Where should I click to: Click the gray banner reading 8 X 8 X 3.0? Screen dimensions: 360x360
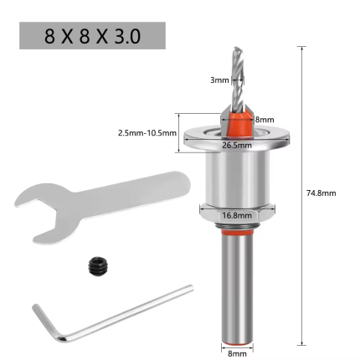click(92, 36)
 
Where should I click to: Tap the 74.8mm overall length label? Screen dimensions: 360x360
click(321, 192)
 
